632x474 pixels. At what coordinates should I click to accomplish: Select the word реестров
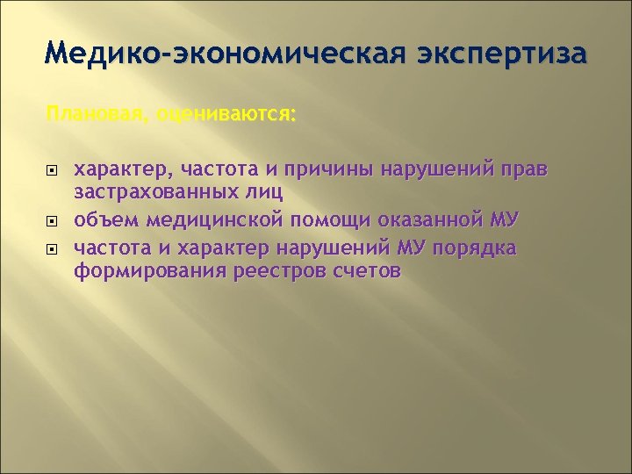[x=278, y=271]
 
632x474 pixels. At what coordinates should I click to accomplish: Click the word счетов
[x=369, y=271]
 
